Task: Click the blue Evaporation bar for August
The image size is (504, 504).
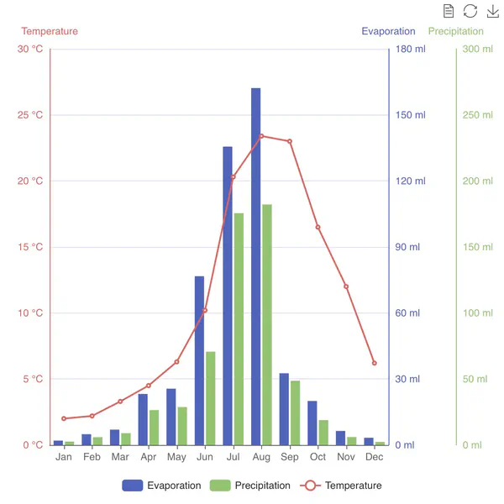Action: (x=255, y=269)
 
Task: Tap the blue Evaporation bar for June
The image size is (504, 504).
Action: (x=199, y=361)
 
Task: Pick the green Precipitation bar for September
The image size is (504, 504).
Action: (x=295, y=412)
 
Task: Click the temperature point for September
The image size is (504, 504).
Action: (x=290, y=141)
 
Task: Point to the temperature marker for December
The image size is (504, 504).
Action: (x=375, y=363)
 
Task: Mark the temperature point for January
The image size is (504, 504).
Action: (x=64, y=418)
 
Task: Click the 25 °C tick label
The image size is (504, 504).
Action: (x=30, y=115)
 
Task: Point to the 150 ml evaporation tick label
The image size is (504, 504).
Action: (x=411, y=115)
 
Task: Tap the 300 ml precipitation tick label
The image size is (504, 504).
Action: (x=477, y=49)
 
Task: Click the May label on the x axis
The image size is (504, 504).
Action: (x=176, y=457)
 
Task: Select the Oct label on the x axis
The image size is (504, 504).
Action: (x=318, y=457)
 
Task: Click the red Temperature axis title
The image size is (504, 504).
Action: (x=50, y=31)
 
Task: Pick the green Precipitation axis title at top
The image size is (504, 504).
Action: (x=455, y=31)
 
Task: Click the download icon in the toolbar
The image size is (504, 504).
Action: (x=492, y=11)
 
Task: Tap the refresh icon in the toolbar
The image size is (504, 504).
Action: (x=470, y=11)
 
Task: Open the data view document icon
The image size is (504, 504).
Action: (x=449, y=11)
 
